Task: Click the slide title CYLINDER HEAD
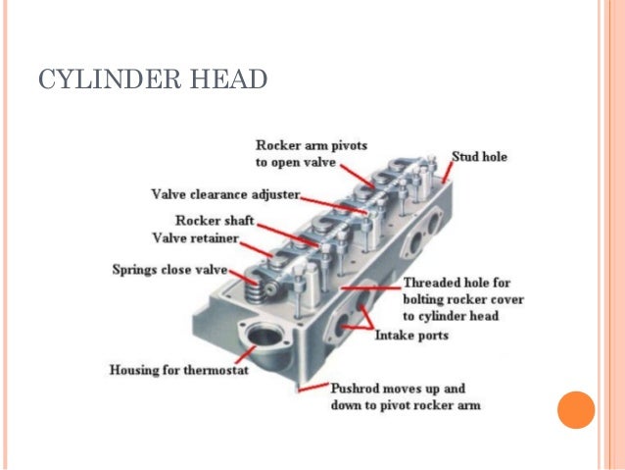[152, 79]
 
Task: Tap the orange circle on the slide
[576, 408]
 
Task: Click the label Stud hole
[479, 157]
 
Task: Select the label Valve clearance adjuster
[224, 192]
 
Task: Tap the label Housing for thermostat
[177, 370]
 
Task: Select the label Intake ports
[411, 336]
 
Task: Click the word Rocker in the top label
[278, 145]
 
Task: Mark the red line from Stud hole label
[445, 171]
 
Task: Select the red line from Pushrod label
[312, 389]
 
